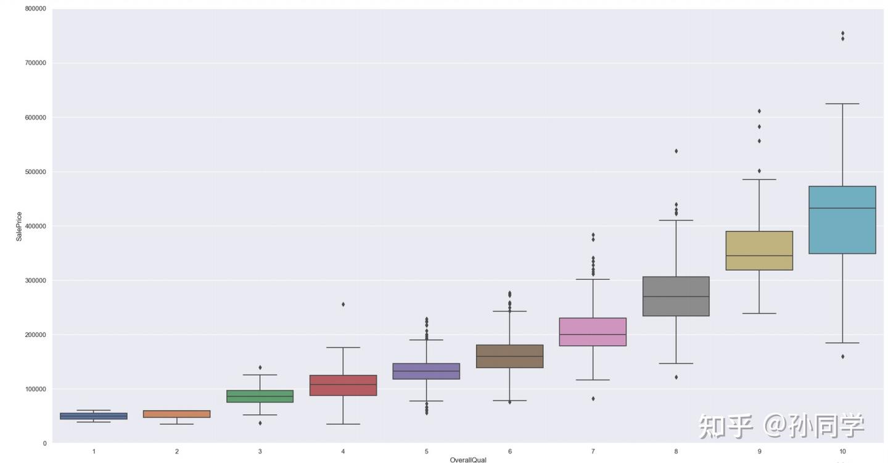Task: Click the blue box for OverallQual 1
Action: [94, 416]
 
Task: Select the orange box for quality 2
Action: [177, 414]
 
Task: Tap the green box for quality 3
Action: [260, 396]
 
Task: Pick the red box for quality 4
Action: [343, 385]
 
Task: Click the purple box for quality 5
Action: [427, 371]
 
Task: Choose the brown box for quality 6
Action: [510, 356]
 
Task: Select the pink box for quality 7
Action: [593, 332]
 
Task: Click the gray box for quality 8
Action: [676, 296]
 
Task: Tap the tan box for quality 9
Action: [760, 251]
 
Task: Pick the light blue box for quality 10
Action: [843, 220]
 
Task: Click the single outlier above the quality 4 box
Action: [343, 304]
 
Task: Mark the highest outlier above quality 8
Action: [676, 151]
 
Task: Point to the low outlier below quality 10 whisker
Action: [843, 356]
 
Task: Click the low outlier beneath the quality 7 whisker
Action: [593, 399]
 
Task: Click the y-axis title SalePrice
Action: [19, 226]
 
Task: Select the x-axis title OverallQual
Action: [468, 460]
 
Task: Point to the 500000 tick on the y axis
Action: [35, 172]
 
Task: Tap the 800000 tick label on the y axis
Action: [35, 9]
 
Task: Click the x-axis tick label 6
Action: [510, 452]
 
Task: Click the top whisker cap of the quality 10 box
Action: [843, 104]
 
